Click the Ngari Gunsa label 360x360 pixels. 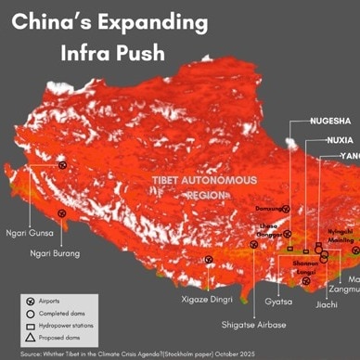27,234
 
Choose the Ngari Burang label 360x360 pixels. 54,253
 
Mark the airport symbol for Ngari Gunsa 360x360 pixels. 63,165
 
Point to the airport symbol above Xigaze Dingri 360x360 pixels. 209,261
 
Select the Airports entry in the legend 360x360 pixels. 55,302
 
